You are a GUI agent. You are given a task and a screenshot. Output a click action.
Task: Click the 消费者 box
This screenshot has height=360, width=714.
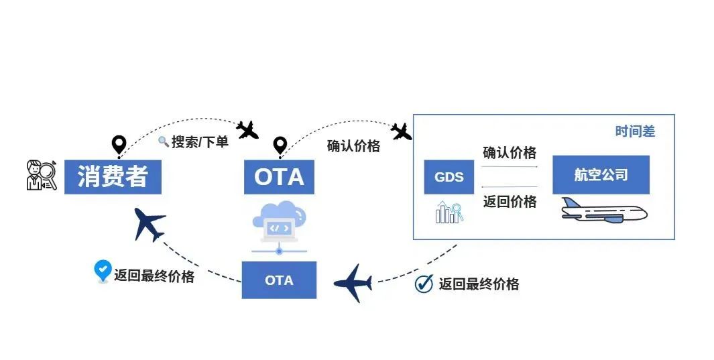pos(113,176)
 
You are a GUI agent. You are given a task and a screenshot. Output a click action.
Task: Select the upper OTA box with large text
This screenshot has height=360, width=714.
pos(279,176)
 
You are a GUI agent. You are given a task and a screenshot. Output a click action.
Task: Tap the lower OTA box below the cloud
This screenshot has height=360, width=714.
pos(279,280)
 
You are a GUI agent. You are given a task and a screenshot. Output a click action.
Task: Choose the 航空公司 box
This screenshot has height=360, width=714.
pos(601,175)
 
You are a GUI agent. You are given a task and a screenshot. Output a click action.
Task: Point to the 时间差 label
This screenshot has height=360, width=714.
pos(635,132)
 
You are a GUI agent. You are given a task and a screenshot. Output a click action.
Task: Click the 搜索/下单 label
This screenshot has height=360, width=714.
pos(200,142)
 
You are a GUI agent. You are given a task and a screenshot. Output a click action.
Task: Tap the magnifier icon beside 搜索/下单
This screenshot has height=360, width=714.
pos(163,141)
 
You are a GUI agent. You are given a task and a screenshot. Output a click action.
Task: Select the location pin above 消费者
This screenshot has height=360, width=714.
pos(119,144)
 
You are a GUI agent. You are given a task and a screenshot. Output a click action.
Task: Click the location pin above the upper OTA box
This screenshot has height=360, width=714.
pos(280,145)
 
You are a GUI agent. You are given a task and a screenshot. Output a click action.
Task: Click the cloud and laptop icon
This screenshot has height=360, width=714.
pos(280,221)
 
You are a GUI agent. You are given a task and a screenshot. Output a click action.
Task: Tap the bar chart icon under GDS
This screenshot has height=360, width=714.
pos(448,213)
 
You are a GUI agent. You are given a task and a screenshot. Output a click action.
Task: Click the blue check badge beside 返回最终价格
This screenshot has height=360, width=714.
pos(102,271)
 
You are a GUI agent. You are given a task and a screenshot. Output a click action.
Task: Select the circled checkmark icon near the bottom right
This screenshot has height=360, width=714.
pos(424,284)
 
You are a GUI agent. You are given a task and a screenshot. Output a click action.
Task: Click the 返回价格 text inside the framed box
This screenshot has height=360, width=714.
pos(510,201)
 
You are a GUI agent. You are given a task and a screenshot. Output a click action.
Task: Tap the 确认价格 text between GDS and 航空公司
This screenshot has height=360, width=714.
pos(510,153)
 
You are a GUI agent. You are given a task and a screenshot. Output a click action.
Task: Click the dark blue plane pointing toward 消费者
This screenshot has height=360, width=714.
pos(149,223)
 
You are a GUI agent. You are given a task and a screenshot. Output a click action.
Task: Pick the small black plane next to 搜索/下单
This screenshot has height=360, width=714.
pos(247,129)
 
